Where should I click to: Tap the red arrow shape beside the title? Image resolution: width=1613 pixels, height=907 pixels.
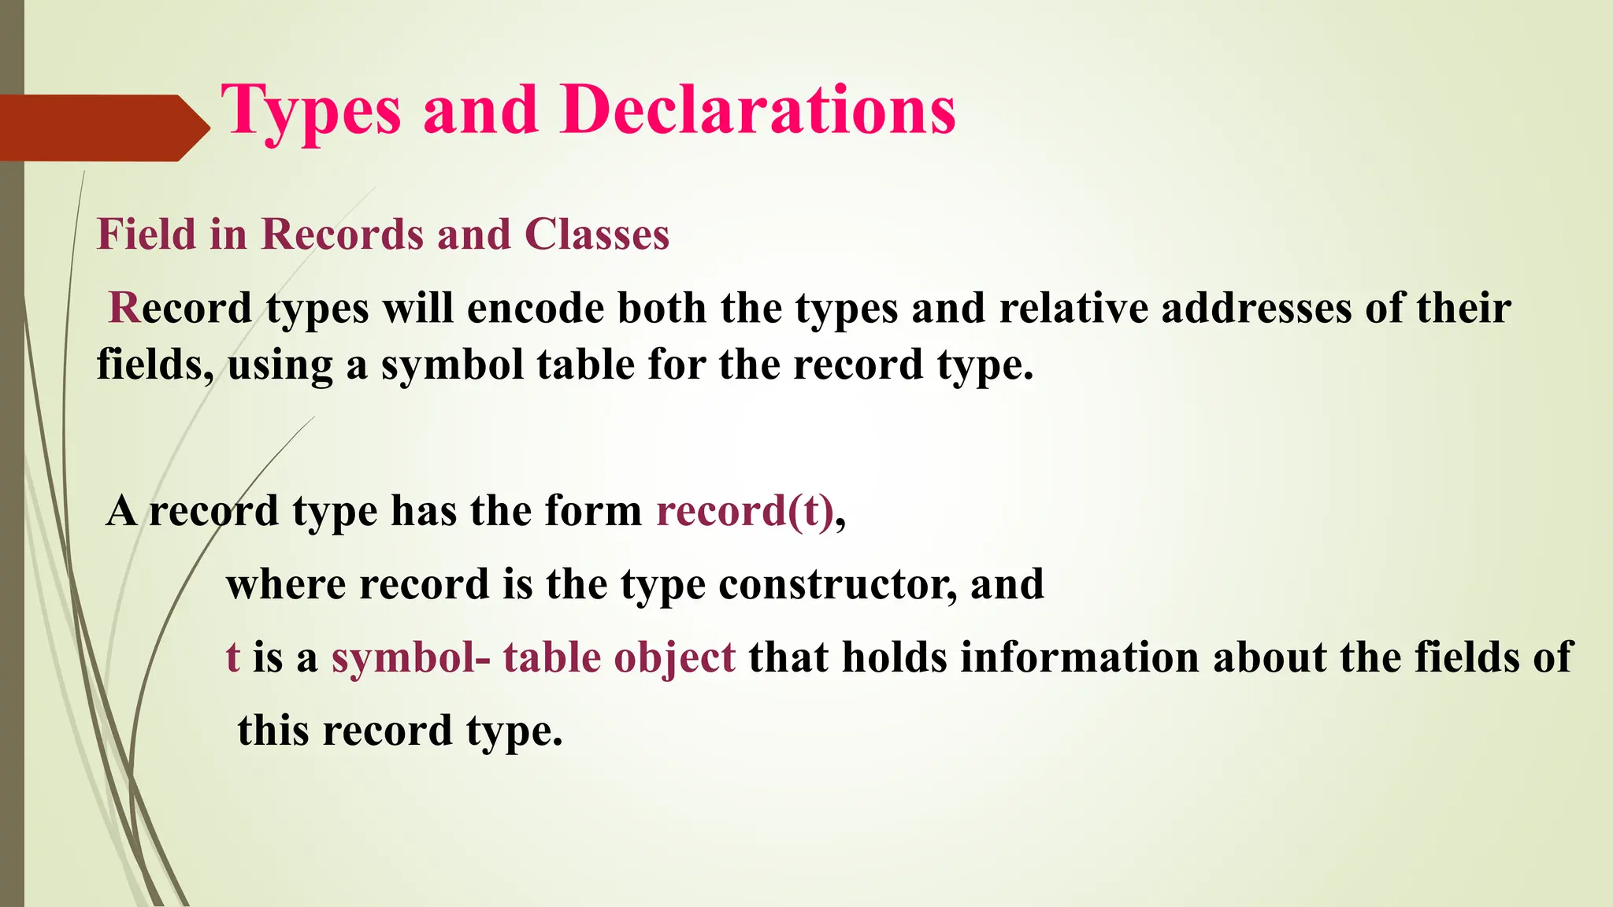coord(102,128)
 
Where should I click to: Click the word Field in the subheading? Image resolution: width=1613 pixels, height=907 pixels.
coord(146,235)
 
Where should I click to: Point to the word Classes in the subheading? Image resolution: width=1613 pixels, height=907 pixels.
coord(596,235)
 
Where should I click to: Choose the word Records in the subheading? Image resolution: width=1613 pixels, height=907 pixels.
coord(342,235)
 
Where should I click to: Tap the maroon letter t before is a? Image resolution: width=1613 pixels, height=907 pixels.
coord(232,657)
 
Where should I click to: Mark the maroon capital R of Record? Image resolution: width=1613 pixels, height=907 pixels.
coord(124,308)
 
